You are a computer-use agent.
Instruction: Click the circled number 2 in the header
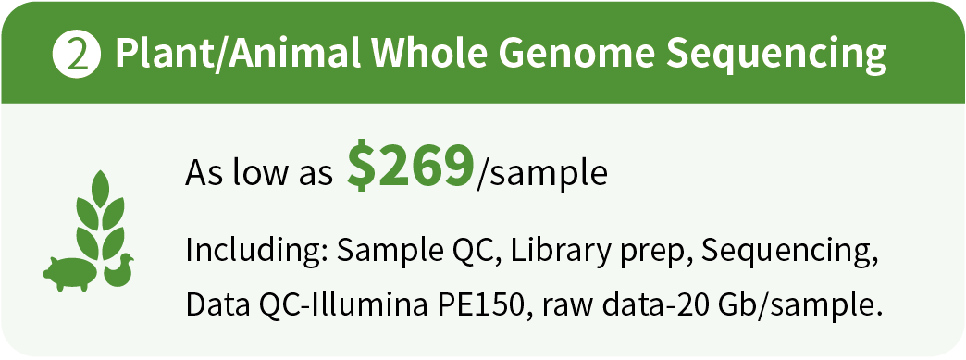point(77,55)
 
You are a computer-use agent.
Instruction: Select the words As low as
point(259,173)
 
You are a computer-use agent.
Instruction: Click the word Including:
point(257,253)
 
